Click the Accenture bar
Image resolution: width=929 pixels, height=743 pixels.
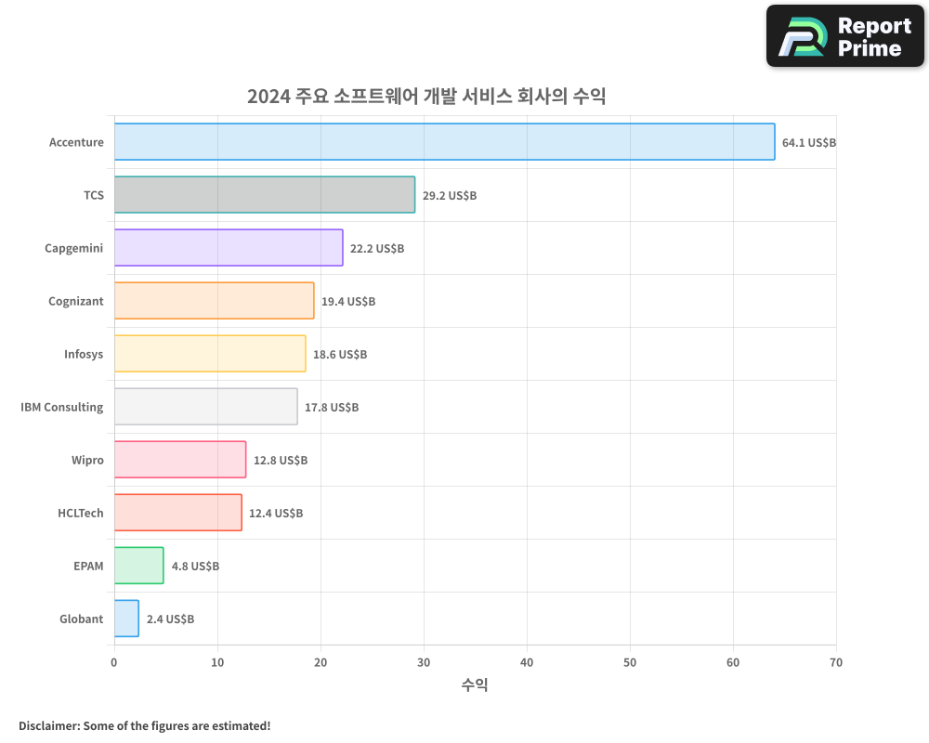(444, 142)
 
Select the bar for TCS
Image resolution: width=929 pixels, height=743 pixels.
(265, 195)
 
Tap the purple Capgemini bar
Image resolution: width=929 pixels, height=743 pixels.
(229, 248)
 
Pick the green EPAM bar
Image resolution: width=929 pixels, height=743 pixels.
(139, 566)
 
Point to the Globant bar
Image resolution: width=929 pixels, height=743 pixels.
(126, 619)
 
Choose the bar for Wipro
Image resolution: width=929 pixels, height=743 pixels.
(180, 460)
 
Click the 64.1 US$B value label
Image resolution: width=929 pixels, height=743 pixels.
(809, 143)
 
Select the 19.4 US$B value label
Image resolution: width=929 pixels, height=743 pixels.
(348, 302)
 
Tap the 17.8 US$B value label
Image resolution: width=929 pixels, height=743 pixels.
(332, 408)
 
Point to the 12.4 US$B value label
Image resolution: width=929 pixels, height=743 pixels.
(276, 514)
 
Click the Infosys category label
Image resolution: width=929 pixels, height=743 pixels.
(84, 354)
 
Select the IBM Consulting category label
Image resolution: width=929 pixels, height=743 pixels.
(62, 407)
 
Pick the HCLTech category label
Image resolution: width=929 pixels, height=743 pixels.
(81, 513)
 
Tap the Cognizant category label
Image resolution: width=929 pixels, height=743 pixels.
(76, 301)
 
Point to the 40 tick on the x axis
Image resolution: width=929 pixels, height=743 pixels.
(527, 662)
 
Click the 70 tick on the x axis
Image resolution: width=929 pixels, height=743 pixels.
(836, 662)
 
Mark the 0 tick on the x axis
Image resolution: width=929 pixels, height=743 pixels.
(114, 662)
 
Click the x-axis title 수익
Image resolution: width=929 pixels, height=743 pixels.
(475, 685)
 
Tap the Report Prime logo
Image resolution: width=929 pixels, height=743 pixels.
(845, 36)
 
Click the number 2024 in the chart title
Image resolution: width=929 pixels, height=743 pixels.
(268, 97)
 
